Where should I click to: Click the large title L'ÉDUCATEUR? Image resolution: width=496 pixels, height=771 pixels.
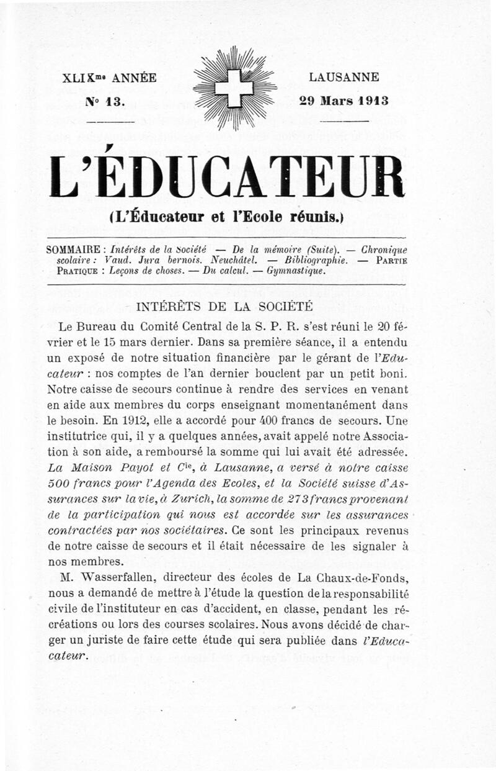tap(226, 178)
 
